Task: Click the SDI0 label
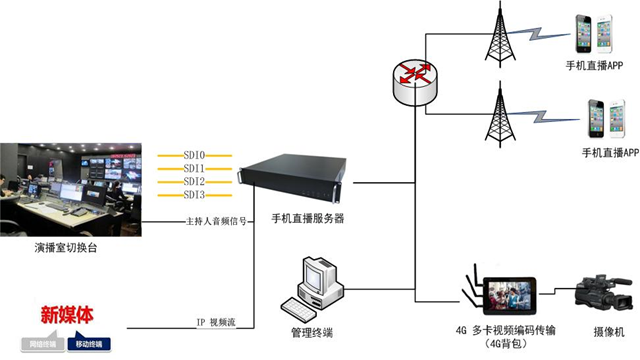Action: pos(194,156)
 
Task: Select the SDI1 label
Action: pos(194,169)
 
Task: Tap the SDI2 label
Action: pos(194,182)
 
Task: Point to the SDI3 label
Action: pos(194,195)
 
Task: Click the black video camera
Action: pos(604,293)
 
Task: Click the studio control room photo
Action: pos(71,189)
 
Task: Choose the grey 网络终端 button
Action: pos(43,343)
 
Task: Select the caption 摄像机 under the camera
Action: pos(606,331)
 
